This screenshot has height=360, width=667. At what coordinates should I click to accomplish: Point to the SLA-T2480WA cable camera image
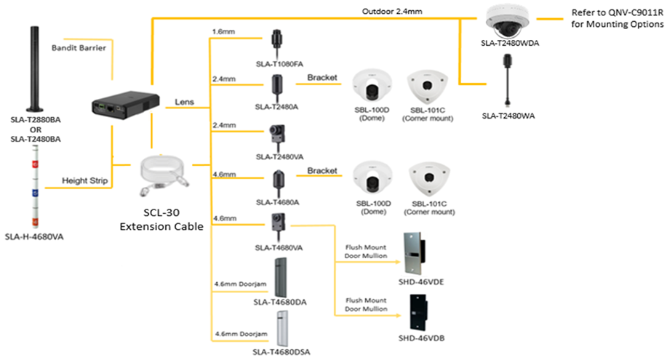505,80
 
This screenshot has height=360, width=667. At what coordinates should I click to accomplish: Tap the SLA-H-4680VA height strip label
34,236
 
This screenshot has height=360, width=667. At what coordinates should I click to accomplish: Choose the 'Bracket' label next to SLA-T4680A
322,170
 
